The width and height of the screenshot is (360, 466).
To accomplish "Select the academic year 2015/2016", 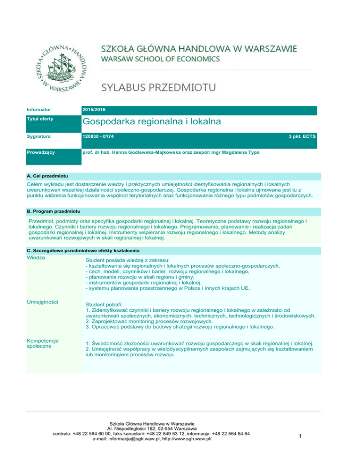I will coord(94,109).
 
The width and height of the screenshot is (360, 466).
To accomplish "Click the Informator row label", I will coord(38,109).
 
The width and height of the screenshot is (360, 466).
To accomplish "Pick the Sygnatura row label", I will coord(38,136).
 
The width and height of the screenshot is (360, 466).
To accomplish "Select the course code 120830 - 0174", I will coord(97,136).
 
